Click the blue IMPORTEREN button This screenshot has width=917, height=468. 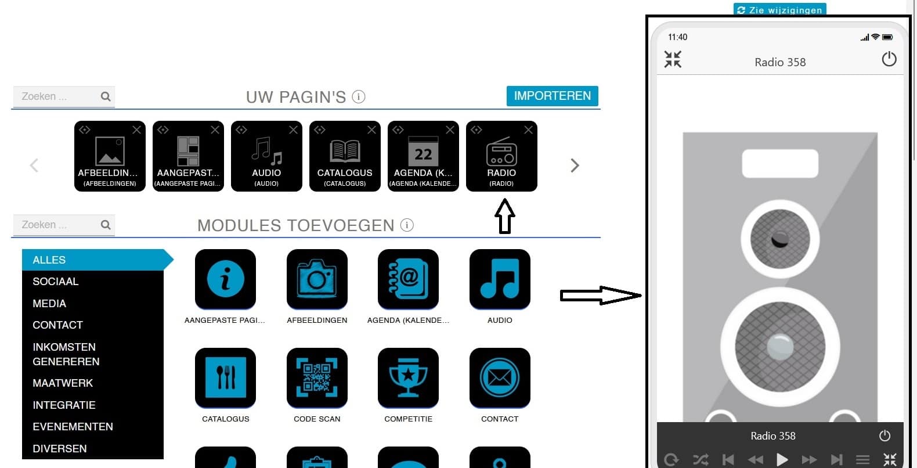553,96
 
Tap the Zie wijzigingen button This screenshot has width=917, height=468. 780,9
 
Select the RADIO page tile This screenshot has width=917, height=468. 501,156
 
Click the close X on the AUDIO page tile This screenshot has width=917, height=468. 293,130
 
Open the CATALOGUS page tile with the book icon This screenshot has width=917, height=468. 345,156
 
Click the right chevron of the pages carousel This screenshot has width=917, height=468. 575,165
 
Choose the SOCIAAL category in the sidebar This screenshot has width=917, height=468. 56,281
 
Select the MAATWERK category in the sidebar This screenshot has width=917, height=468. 63,383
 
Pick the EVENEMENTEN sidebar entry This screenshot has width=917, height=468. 73,426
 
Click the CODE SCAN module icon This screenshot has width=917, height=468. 317,377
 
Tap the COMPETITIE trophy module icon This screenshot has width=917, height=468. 408,377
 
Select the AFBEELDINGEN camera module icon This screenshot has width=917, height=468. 317,279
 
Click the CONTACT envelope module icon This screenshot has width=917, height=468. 500,377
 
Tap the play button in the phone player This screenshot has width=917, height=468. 782,459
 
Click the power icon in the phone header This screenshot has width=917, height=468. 889,59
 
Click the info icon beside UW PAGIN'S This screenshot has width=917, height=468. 359,96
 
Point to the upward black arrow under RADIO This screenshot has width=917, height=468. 505,216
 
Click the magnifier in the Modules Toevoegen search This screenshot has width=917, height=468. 106,224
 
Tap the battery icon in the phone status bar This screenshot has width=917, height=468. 887,37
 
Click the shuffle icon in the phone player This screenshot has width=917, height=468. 701,459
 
